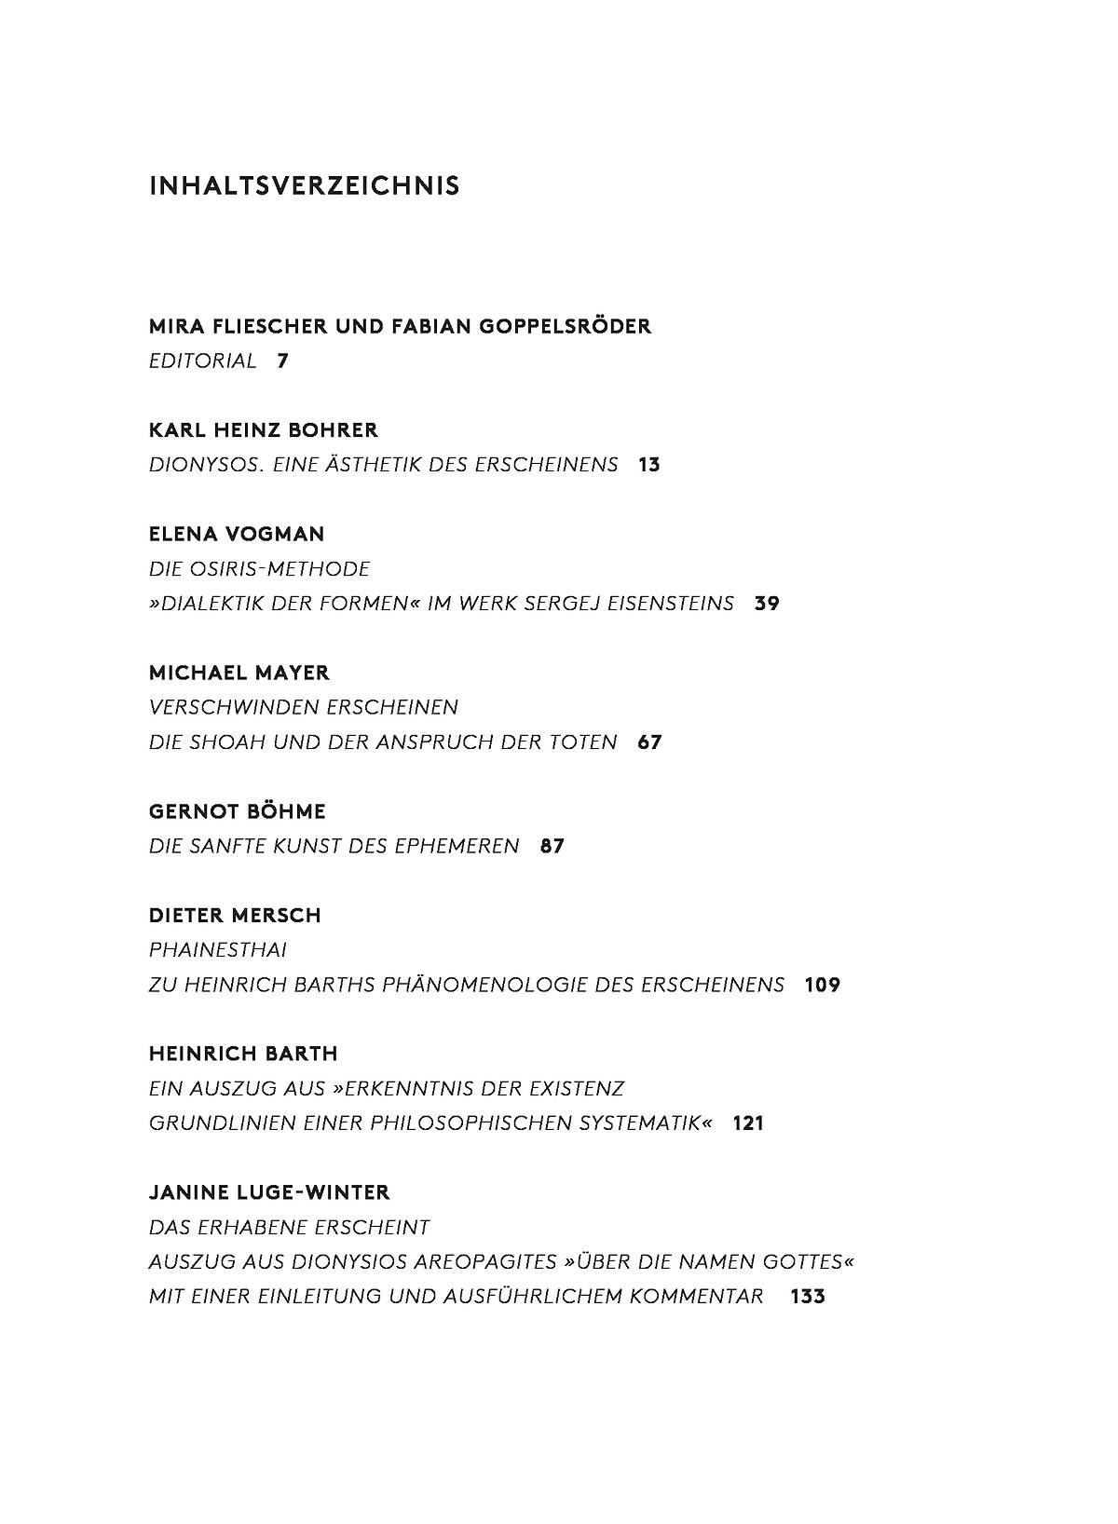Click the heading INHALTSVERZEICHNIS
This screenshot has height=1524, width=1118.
pyautogui.click(x=304, y=186)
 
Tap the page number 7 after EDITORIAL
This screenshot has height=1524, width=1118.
pyautogui.click(x=282, y=361)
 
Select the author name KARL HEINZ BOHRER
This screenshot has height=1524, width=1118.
pyautogui.click(x=264, y=430)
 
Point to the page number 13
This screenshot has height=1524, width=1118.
pyautogui.click(x=649, y=465)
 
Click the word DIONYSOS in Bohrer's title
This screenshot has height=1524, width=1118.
pyautogui.click(x=206, y=465)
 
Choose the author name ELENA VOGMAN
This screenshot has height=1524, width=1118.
pyautogui.click(x=237, y=535)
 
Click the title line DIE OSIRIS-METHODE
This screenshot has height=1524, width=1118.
pyautogui.click(x=259, y=569)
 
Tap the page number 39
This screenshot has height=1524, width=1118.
pyautogui.click(x=767, y=604)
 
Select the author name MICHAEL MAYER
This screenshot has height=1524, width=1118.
pyautogui.click(x=239, y=673)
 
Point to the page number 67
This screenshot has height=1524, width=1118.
pyautogui.click(x=649, y=742)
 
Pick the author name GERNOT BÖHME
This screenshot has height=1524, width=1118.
pyautogui.click(x=238, y=811)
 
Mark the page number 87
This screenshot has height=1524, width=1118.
pyautogui.click(x=552, y=847)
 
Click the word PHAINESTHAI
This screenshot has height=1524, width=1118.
pyautogui.click(x=218, y=950)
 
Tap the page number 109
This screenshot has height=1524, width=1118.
pyautogui.click(x=823, y=986)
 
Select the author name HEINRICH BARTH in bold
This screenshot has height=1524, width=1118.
pyautogui.click(x=243, y=1054)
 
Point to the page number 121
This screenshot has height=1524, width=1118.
pyautogui.click(x=748, y=1123)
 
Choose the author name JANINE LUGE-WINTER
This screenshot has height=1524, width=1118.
pyautogui.click(x=269, y=1192)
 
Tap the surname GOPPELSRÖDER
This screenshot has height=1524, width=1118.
pyautogui.click(x=565, y=327)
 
